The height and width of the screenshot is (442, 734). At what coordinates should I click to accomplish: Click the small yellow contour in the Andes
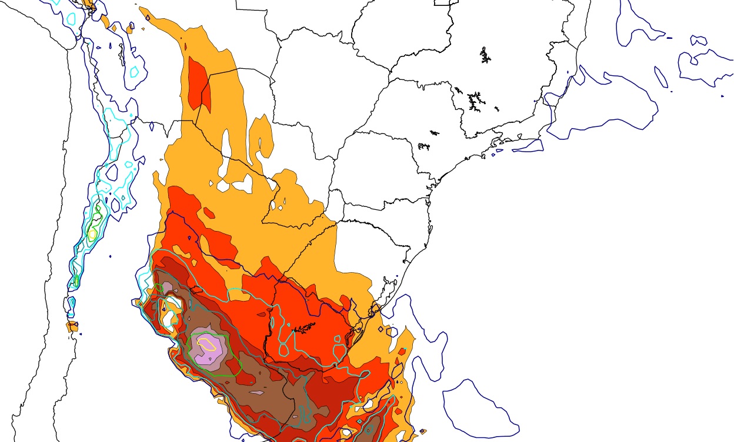point(92,233)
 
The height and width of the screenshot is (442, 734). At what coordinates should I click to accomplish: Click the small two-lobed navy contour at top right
point(699,41)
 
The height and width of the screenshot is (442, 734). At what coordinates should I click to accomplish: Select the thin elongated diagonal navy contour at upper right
point(661,78)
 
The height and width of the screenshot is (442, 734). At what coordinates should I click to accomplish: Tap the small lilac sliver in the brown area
point(256,392)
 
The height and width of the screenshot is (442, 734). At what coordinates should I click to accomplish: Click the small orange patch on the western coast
point(72,327)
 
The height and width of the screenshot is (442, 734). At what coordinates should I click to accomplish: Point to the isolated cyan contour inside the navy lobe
point(134,72)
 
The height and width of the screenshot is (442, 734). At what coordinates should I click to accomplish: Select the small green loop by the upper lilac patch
point(159,287)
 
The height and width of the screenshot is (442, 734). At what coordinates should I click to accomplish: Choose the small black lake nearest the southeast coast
point(423,146)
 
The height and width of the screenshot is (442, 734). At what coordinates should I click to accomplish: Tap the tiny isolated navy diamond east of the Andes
point(111,256)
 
